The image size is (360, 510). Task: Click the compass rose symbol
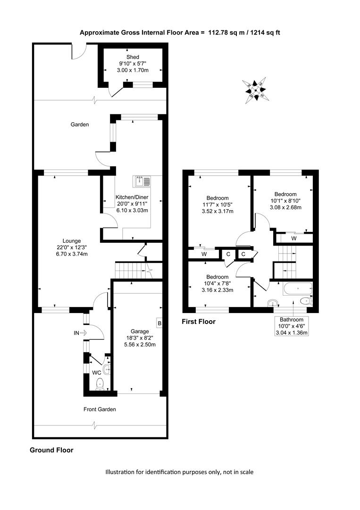click(255, 90)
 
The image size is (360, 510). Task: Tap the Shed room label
click(133, 57)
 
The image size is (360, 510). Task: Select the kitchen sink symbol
click(142, 181)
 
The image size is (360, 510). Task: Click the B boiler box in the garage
click(159, 323)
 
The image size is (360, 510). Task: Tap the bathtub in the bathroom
click(297, 289)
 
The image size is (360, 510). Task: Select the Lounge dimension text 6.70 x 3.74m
click(71, 254)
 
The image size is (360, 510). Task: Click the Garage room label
click(140, 331)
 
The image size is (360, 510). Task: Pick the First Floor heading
click(199, 322)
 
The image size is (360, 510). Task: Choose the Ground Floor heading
click(51, 450)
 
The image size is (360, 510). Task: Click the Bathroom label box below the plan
click(292, 326)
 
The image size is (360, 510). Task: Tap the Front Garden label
click(100, 409)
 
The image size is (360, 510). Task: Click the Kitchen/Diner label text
click(132, 197)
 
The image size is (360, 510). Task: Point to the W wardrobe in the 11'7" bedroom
click(204, 255)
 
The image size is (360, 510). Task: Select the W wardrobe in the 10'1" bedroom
click(294, 238)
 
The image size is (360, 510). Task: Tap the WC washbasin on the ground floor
click(107, 369)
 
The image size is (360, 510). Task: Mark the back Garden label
click(80, 125)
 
